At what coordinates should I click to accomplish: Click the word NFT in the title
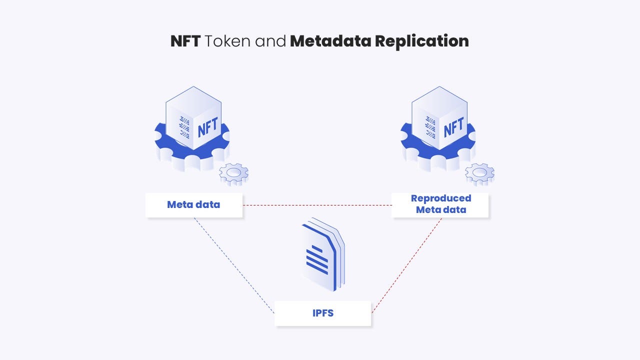coord(185,41)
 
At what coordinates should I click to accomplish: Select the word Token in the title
coord(227,41)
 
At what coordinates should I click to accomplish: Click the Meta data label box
coord(193,204)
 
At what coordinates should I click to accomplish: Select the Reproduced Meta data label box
coord(440,204)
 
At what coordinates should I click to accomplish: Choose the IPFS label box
coord(322,313)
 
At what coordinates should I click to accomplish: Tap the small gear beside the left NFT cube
coord(233,173)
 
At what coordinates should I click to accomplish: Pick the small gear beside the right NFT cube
coord(479,173)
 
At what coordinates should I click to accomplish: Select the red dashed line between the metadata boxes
coord(317,205)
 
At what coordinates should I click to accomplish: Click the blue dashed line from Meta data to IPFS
coord(234,265)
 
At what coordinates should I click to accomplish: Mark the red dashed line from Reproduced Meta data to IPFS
coord(406,265)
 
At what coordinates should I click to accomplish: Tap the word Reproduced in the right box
coord(440,198)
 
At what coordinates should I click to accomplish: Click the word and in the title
coord(271,41)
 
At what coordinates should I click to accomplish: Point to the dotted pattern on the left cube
coord(184,127)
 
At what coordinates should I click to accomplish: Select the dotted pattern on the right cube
coord(430,127)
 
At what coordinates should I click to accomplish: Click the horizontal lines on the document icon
coord(317,259)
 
